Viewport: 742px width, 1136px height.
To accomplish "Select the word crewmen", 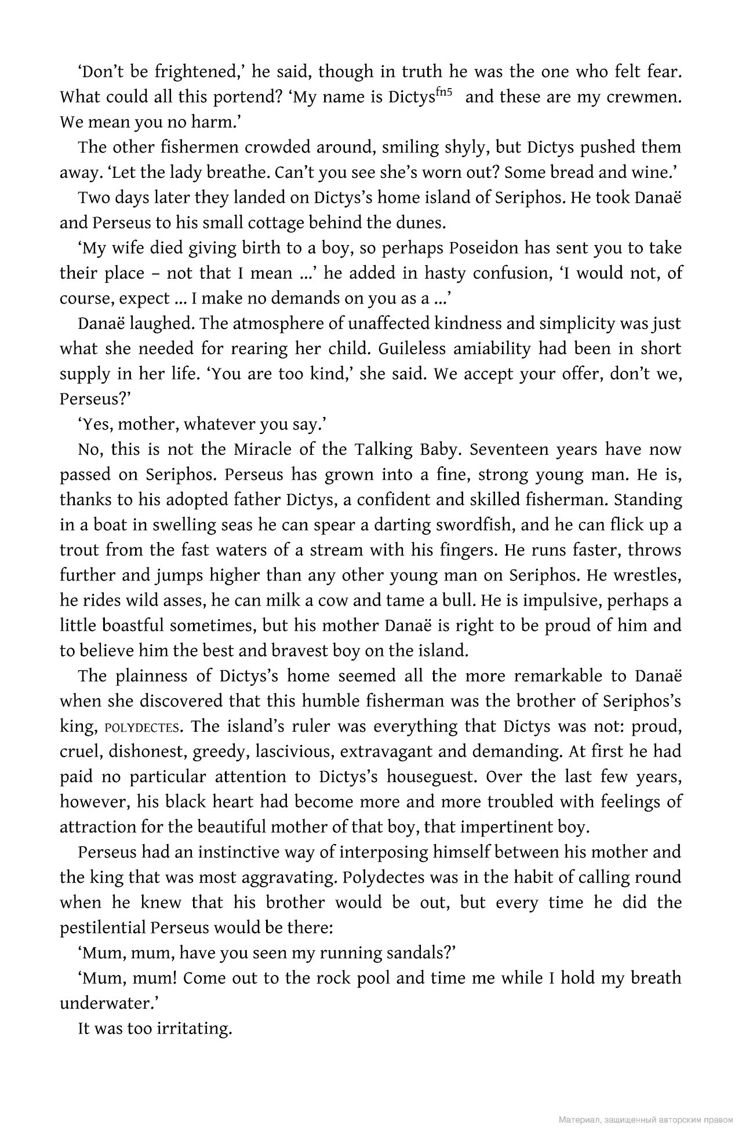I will pyautogui.click(x=643, y=97).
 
